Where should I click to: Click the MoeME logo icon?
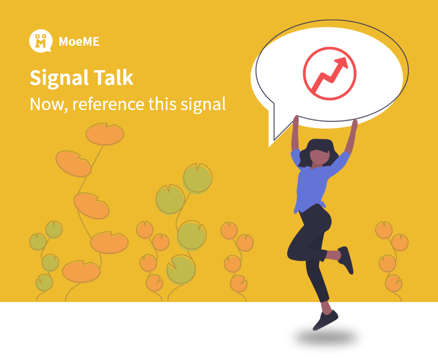[x=41, y=41]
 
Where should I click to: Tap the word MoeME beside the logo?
[x=79, y=41]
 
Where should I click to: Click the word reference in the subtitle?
[x=109, y=104]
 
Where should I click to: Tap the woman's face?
[x=319, y=157]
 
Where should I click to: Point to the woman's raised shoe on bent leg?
[x=346, y=260]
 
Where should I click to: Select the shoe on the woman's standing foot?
[x=325, y=321]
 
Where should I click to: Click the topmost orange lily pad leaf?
[x=105, y=134]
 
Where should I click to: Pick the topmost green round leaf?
[x=198, y=178]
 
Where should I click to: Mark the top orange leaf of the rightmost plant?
[x=384, y=230]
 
